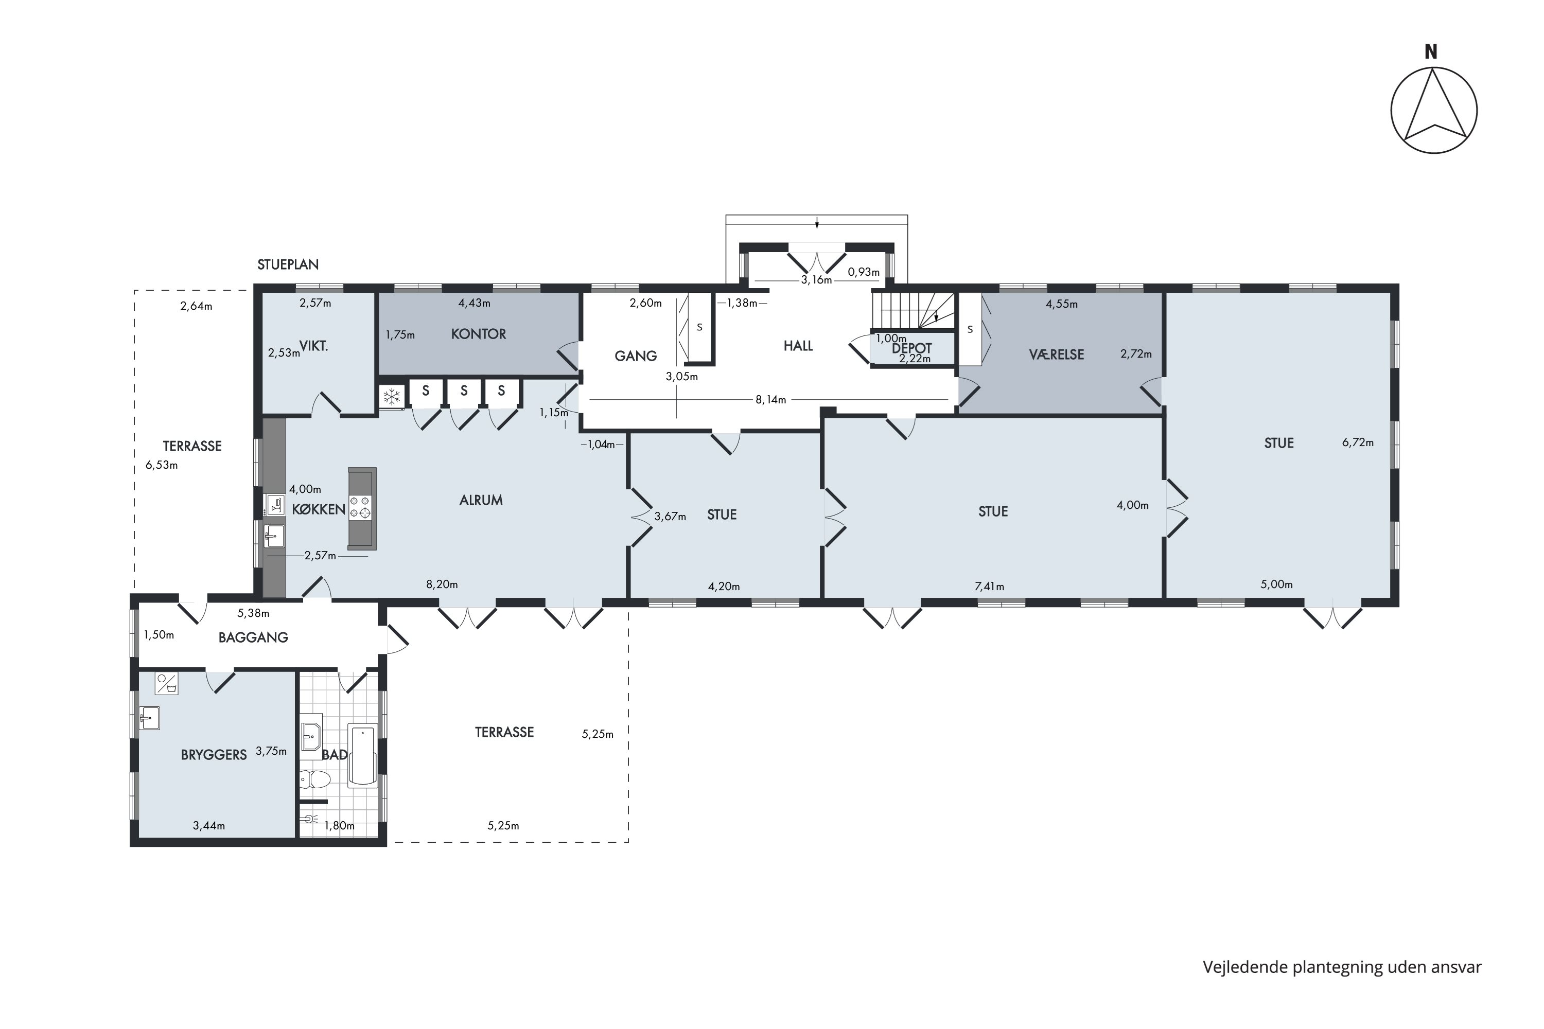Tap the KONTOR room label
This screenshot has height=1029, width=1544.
point(479,334)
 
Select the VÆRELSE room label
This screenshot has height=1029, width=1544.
point(1056,354)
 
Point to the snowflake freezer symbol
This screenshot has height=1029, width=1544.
point(392,396)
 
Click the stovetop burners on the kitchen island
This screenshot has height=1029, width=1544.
point(360,507)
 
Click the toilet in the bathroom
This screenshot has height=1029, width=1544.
point(315,779)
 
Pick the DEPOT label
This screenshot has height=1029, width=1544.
point(912,348)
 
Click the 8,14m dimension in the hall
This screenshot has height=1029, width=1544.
point(770,400)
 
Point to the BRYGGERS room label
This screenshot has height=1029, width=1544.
point(214,755)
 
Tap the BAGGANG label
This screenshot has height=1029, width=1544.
point(253,638)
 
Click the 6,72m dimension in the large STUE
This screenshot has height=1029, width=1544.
point(1358,443)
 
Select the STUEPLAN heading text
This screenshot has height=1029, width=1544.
point(288,265)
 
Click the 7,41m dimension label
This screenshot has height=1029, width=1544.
point(989,587)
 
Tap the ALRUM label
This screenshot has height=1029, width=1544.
point(481,500)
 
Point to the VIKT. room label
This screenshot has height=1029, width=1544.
point(314,346)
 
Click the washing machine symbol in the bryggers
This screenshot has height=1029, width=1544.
point(167,683)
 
